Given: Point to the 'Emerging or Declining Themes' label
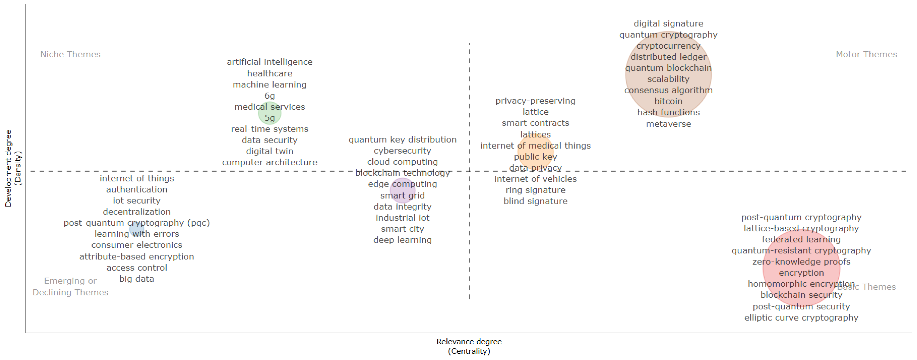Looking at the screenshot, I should click(x=70, y=287).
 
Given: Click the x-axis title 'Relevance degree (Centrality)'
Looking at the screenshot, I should click(x=469, y=346).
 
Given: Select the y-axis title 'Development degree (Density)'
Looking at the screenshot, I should click(x=13, y=168).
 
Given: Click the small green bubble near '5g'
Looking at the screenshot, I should click(x=270, y=113).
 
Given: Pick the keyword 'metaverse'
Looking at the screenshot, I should click(x=668, y=124).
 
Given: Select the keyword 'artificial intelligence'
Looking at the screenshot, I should click(x=270, y=62).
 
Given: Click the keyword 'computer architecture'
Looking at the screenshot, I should click(x=270, y=162).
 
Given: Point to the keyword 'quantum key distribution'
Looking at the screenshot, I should click(x=402, y=140).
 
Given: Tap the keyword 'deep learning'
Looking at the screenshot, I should click(x=402, y=240).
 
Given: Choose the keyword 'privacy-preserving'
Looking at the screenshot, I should click(x=535, y=101).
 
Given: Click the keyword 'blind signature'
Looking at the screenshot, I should click(x=535, y=201).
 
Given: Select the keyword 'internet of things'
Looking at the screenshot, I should click(x=137, y=178).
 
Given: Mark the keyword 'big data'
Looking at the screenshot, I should click(x=137, y=279).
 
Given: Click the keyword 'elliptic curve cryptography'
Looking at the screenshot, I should click(x=801, y=318).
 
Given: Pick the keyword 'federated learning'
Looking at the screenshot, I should click(x=801, y=239).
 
